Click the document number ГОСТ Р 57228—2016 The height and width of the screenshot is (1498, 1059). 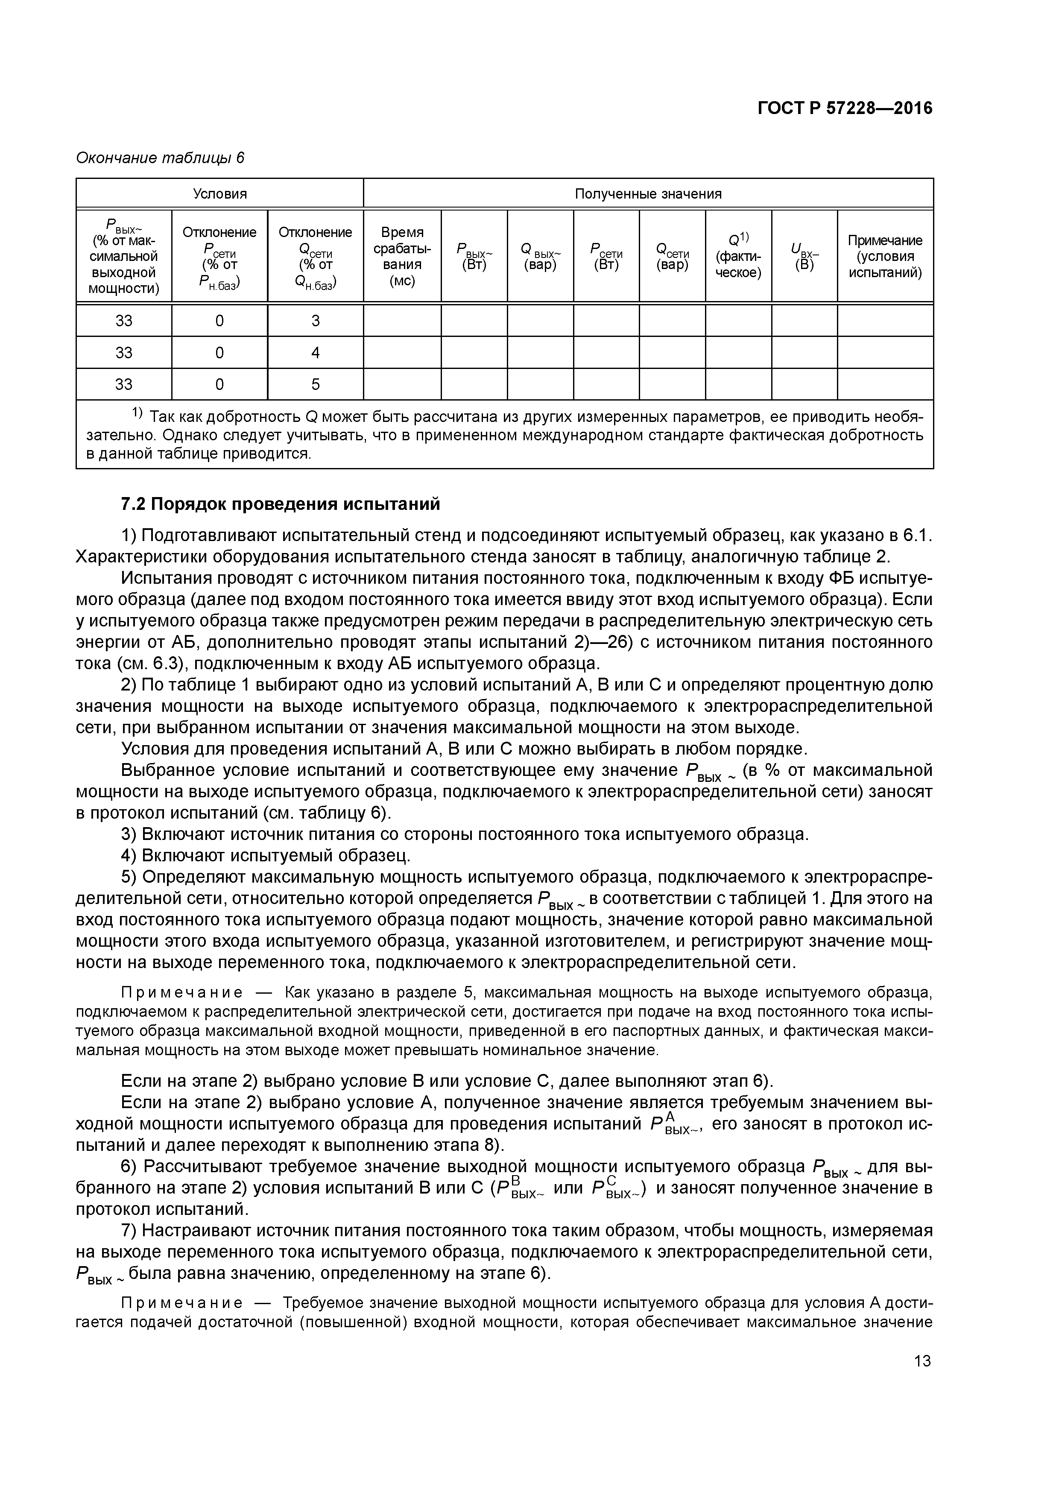point(845,108)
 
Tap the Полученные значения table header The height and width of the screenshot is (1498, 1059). point(648,194)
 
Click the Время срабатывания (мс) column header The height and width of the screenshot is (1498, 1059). point(402,256)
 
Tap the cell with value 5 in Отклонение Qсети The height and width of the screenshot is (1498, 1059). point(315,385)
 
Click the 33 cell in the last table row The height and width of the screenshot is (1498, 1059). point(124,385)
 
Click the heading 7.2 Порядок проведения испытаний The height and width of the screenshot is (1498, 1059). point(281,504)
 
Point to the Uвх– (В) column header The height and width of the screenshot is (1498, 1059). point(804,256)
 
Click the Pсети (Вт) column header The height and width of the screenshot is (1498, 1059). point(606,256)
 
